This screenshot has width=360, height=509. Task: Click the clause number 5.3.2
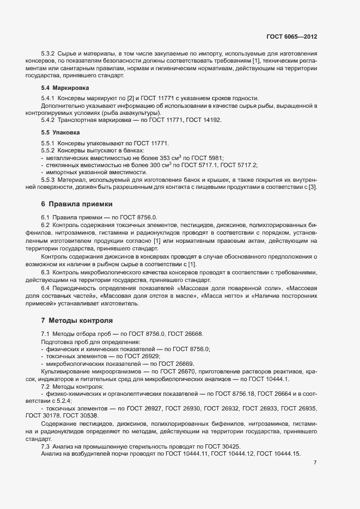coord(49,53)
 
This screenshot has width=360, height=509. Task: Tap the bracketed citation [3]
coord(313,187)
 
